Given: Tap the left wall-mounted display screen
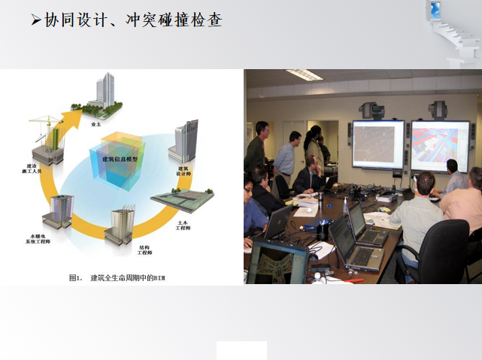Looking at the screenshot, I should tap(377, 144).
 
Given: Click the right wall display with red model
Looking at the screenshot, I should tap(439, 144).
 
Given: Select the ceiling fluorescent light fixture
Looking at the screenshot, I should tap(304, 74).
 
